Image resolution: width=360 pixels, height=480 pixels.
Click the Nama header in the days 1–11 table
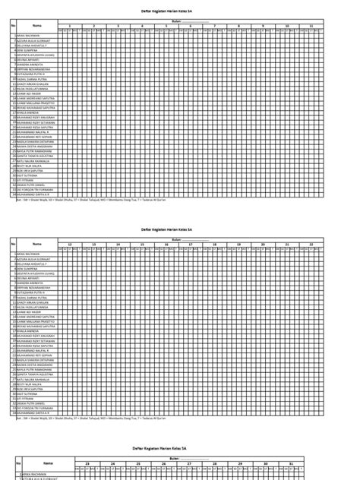pos(36,25)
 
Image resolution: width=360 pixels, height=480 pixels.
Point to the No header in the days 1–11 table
pos(14,25)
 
